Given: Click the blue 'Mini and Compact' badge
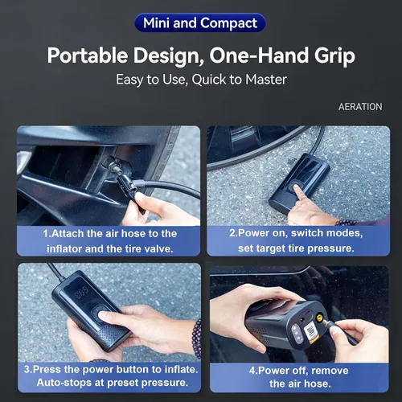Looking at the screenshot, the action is point(200,23).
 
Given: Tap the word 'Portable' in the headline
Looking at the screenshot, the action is point(88,55).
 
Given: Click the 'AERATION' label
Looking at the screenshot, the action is point(360,107).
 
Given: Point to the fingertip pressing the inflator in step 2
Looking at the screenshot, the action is point(297,188).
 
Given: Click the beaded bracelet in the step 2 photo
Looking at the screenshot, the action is point(346,223).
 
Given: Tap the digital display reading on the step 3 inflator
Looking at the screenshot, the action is point(81,293).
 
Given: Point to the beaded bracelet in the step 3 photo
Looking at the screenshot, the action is point(197,338).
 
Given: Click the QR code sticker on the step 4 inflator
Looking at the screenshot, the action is point(311,333).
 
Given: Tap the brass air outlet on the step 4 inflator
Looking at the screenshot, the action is point(319,318).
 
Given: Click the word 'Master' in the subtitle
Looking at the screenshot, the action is point(266,80).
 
